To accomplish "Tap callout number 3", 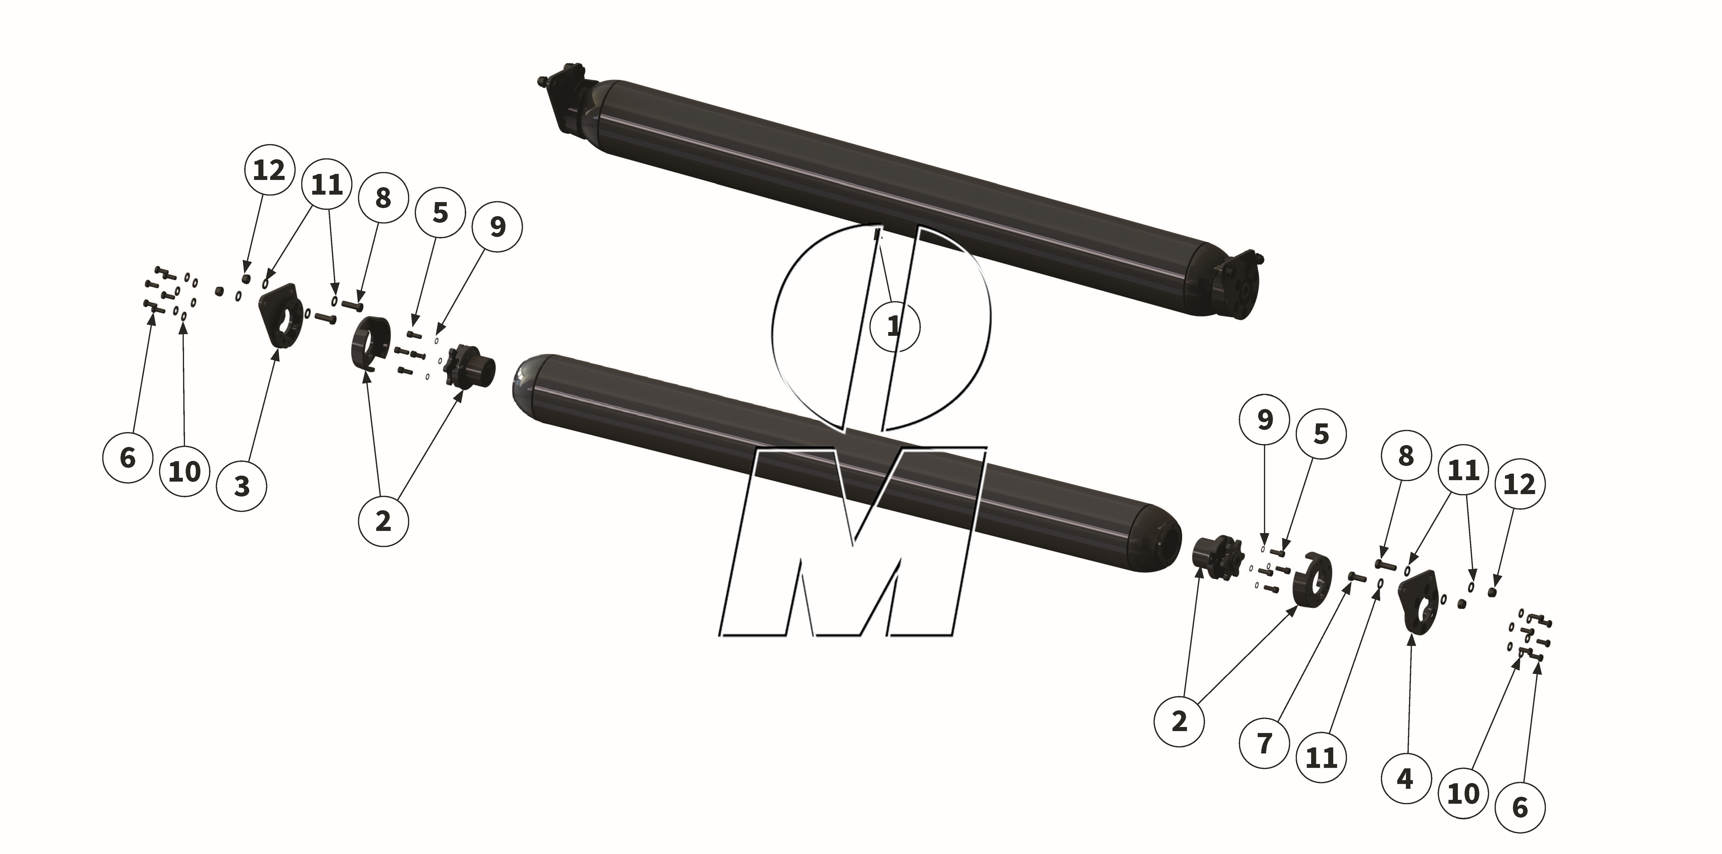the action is point(242,486).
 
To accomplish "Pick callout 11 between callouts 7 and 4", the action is point(1321,757).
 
